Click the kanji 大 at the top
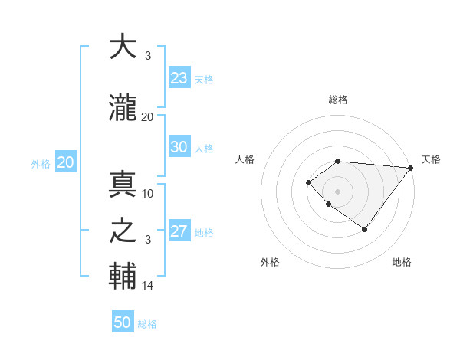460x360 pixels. [x=123, y=47]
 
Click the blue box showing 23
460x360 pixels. [x=179, y=77]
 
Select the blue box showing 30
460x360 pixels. [x=179, y=147]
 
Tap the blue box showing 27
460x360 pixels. [x=179, y=231]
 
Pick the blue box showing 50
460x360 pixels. [x=123, y=322]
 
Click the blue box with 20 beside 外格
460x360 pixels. [x=66, y=162]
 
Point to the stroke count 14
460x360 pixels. [x=148, y=286]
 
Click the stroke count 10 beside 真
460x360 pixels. [x=148, y=193]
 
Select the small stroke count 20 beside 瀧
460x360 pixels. [x=148, y=116]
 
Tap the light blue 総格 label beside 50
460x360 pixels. [x=147, y=324]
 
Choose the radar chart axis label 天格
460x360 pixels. [x=431, y=159]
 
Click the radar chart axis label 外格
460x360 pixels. [x=270, y=262]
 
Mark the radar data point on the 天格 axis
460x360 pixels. [x=411, y=168]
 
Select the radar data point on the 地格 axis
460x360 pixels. [x=364, y=229]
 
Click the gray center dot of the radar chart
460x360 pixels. [x=337, y=191]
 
